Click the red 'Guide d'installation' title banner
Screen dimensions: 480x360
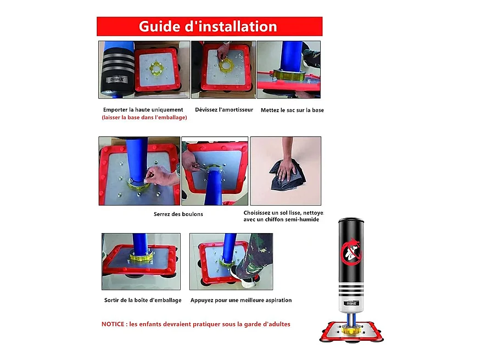pyautogui.click(x=209, y=26)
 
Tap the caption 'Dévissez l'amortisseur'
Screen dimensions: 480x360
pyautogui.click(x=224, y=110)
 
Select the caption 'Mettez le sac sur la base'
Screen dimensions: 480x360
pyautogui.click(x=292, y=110)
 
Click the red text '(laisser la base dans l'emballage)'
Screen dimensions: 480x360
pyautogui.click(x=144, y=118)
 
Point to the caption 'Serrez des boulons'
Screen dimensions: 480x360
pyautogui.click(x=178, y=214)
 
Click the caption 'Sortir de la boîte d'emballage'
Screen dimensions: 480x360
pyautogui.click(x=143, y=300)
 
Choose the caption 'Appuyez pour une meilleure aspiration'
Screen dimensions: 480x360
pyautogui.click(x=241, y=300)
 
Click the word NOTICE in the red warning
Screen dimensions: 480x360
pyautogui.click(x=113, y=324)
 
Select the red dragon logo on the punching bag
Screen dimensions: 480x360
pyautogui.click(x=351, y=252)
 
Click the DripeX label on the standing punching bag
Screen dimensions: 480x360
pyautogui.click(x=351, y=303)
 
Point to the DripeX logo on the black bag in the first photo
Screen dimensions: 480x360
pyautogui.click(x=117, y=80)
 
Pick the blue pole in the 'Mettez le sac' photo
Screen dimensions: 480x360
pyautogui.click(x=292, y=56)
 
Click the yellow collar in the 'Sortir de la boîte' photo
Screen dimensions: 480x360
pyautogui.click(x=141, y=257)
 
